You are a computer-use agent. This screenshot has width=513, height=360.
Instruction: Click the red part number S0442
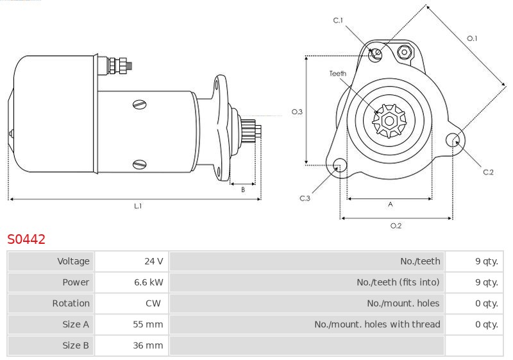click(x=26, y=239)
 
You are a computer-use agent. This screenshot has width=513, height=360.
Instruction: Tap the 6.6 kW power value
click(x=149, y=282)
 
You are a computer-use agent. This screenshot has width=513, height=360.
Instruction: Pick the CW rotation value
click(x=153, y=304)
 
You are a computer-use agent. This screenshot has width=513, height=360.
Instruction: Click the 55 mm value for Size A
click(x=148, y=324)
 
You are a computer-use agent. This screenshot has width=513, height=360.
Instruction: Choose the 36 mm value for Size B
click(x=148, y=345)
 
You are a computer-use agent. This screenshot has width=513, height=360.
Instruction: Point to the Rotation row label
click(x=71, y=304)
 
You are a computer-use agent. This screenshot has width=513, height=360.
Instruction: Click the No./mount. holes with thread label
click(x=377, y=324)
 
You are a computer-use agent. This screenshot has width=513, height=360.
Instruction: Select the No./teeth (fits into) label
click(x=398, y=282)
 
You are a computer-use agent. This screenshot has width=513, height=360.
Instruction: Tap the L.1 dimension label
click(x=138, y=206)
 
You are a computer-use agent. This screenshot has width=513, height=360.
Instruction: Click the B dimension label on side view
click(x=243, y=189)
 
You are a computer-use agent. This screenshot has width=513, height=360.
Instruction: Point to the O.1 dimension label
click(x=472, y=39)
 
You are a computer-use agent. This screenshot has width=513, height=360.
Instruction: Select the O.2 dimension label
click(x=396, y=226)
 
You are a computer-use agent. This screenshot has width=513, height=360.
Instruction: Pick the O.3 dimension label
click(x=297, y=112)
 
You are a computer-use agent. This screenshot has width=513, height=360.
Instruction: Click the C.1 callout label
click(x=338, y=21)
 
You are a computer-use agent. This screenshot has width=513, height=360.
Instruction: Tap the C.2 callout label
click(x=488, y=172)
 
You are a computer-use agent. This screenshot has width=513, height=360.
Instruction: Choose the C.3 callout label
click(x=305, y=198)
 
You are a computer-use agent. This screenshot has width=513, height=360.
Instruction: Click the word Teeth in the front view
click(x=338, y=74)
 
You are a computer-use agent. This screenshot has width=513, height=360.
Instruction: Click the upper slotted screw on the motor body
click(x=140, y=105)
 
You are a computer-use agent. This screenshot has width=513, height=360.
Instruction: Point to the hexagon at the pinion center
click(x=389, y=121)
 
